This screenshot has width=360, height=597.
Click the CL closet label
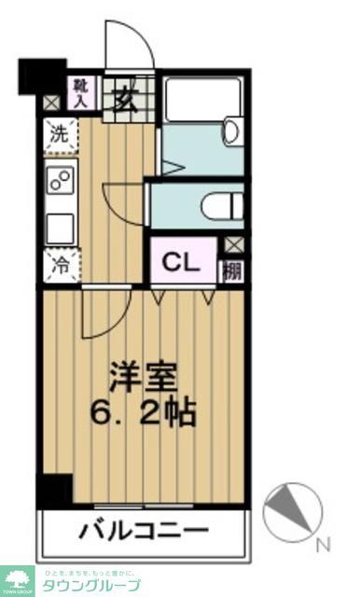click(x=183, y=262)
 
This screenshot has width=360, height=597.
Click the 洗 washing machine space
click(x=59, y=132)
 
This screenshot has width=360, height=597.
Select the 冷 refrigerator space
click(x=59, y=264)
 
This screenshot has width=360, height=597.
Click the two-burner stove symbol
click(x=61, y=181)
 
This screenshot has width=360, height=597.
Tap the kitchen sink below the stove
click(x=61, y=227)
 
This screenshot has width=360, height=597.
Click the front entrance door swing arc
click(x=125, y=45)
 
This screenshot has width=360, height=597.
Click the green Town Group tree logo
click(x=17, y=577)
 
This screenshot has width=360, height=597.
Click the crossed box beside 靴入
click(x=50, y=103)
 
